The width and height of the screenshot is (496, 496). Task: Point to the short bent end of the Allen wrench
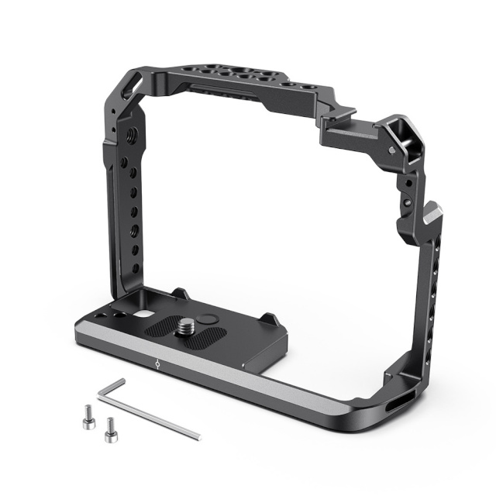(111, 386)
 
